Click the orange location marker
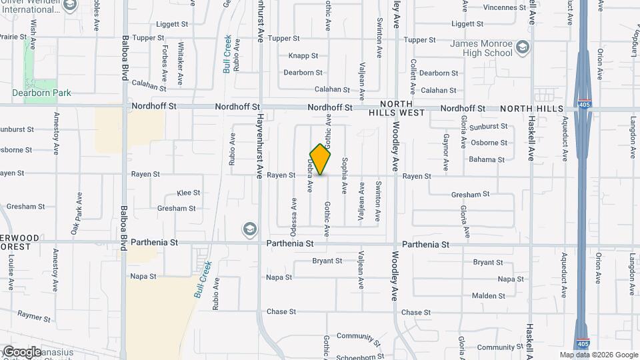point(321,159)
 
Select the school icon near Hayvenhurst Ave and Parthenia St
point(249,229)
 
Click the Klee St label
point(189,193)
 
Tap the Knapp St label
point(303,56)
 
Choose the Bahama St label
point(486,159)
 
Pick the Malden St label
point(488,295)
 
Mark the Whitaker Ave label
point(181,65)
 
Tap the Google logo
point(22,351)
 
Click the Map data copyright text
point(599,355)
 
